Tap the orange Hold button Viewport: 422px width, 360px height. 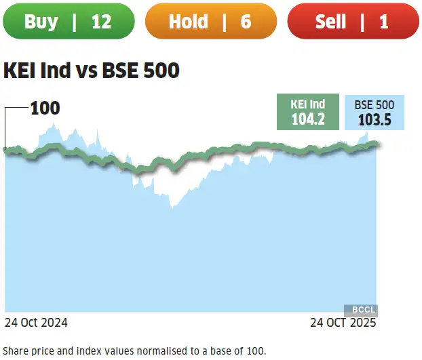tap(210, 21)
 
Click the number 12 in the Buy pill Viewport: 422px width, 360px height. tap(101, 21)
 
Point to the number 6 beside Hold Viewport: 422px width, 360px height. tap(245, 21)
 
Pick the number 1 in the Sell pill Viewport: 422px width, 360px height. tap(384, 21)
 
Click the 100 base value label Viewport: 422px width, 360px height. tap(45, 108)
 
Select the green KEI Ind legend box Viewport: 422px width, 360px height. tap(308, 112)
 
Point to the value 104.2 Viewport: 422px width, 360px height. tap(308, 119)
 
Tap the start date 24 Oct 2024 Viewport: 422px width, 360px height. tap(36, 323)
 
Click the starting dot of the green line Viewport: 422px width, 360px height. tap(5, 149)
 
